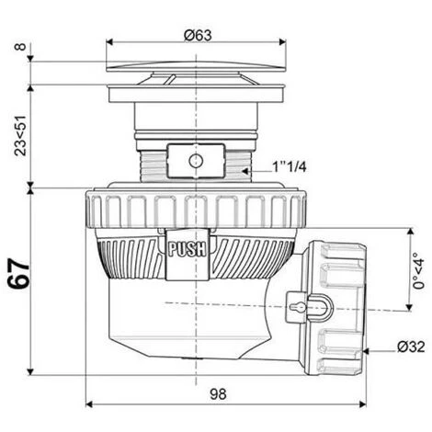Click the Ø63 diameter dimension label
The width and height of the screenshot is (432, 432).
coord(198,36)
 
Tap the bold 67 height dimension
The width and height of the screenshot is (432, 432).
coord(19,274)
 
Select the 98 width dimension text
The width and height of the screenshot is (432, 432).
coord(218,394)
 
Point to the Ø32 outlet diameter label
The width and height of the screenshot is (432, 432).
coord(411,347)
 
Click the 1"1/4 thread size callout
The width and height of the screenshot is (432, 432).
coord(290,167)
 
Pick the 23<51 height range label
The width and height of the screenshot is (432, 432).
coord(21,135)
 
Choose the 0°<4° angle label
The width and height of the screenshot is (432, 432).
coord(418,270)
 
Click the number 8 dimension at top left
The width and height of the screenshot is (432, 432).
coord(20,47)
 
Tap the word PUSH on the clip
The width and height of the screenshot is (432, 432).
coord(187,249)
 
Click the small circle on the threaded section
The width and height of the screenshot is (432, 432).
coord(196,161)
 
